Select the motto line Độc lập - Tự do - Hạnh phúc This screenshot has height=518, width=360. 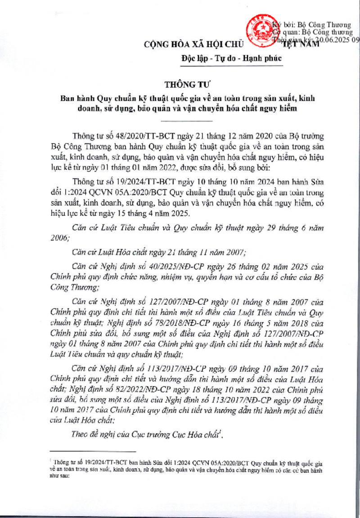(x=231, y=58)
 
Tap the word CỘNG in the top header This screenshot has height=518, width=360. (x=156, y=45)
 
